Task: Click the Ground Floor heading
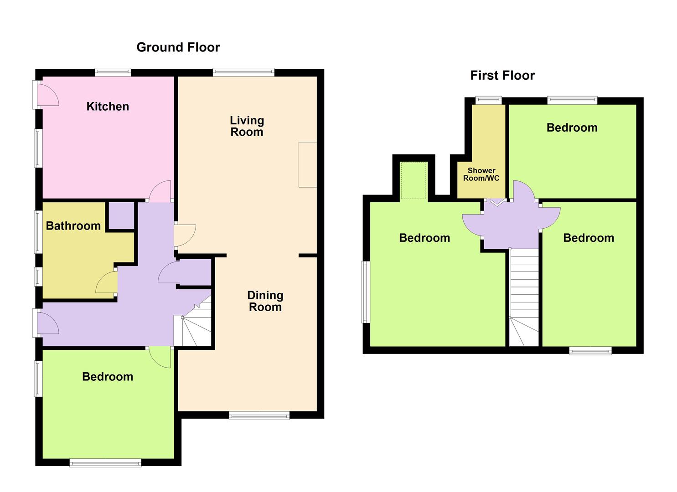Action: [178, 47]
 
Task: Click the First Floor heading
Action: [502, 76]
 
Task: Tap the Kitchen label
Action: [108, 107]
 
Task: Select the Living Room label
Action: [247, 126]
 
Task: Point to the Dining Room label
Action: [265, 301]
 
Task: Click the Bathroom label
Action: [73, 226]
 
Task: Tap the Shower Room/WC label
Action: [481, 174]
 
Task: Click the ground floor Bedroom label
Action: [108, 377]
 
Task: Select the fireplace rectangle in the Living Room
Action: [308, 164]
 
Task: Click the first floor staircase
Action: [524, 297]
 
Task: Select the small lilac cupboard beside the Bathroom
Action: [121, 215]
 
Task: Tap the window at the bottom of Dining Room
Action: [259, 416]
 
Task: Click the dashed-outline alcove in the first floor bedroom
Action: [413, 180]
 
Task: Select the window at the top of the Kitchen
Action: [113, 72]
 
